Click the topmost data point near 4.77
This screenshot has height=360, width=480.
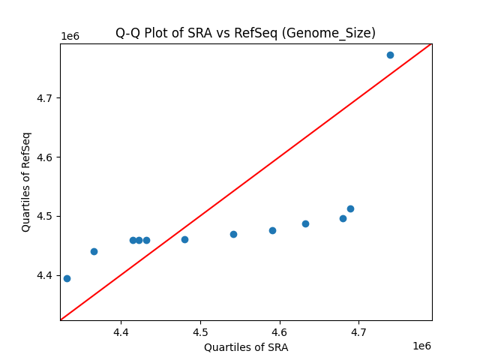point(390,55)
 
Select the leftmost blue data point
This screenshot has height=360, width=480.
point(67,278)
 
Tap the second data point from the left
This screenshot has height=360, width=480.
point(94,251)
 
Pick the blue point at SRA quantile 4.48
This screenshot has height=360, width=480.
point(184,239)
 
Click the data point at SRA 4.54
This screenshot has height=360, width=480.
point(233,234)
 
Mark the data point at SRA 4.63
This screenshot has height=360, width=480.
point(305,223)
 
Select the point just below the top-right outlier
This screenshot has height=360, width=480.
point(350,208)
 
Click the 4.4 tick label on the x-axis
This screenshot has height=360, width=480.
point(120,331)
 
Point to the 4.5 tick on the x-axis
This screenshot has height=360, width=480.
point(199,331)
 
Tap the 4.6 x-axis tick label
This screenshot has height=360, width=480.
point(279,331)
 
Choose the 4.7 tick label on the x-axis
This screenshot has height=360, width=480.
point(358,331)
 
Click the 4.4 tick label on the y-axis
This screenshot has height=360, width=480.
point(46,275)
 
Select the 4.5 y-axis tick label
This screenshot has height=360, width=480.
point(46,216)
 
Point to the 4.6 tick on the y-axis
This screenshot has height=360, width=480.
point(46,157)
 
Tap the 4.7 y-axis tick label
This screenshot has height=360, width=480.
point(46,98)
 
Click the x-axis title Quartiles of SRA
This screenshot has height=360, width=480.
point(246,347)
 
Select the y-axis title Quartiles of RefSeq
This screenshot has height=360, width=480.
point(26,181)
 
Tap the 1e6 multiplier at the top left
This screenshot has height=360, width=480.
point(70,36)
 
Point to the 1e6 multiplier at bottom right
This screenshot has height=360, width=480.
point(421,346)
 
